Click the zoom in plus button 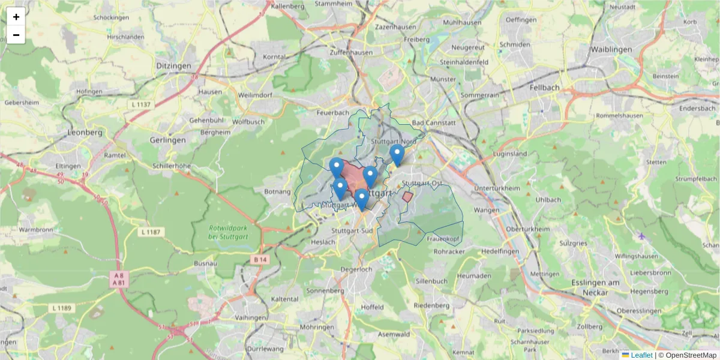click(16, 17)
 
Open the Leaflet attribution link click(641, 355)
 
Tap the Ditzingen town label click(173, 65)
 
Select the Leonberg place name click(85, 132)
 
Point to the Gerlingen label click(169, 139)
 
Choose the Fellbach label click(545, 87)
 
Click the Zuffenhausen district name click(351, 52)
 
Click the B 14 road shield click(260, 259)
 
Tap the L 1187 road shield click(152, 232)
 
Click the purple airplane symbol click(642, 236)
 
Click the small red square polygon click(407, 196)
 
